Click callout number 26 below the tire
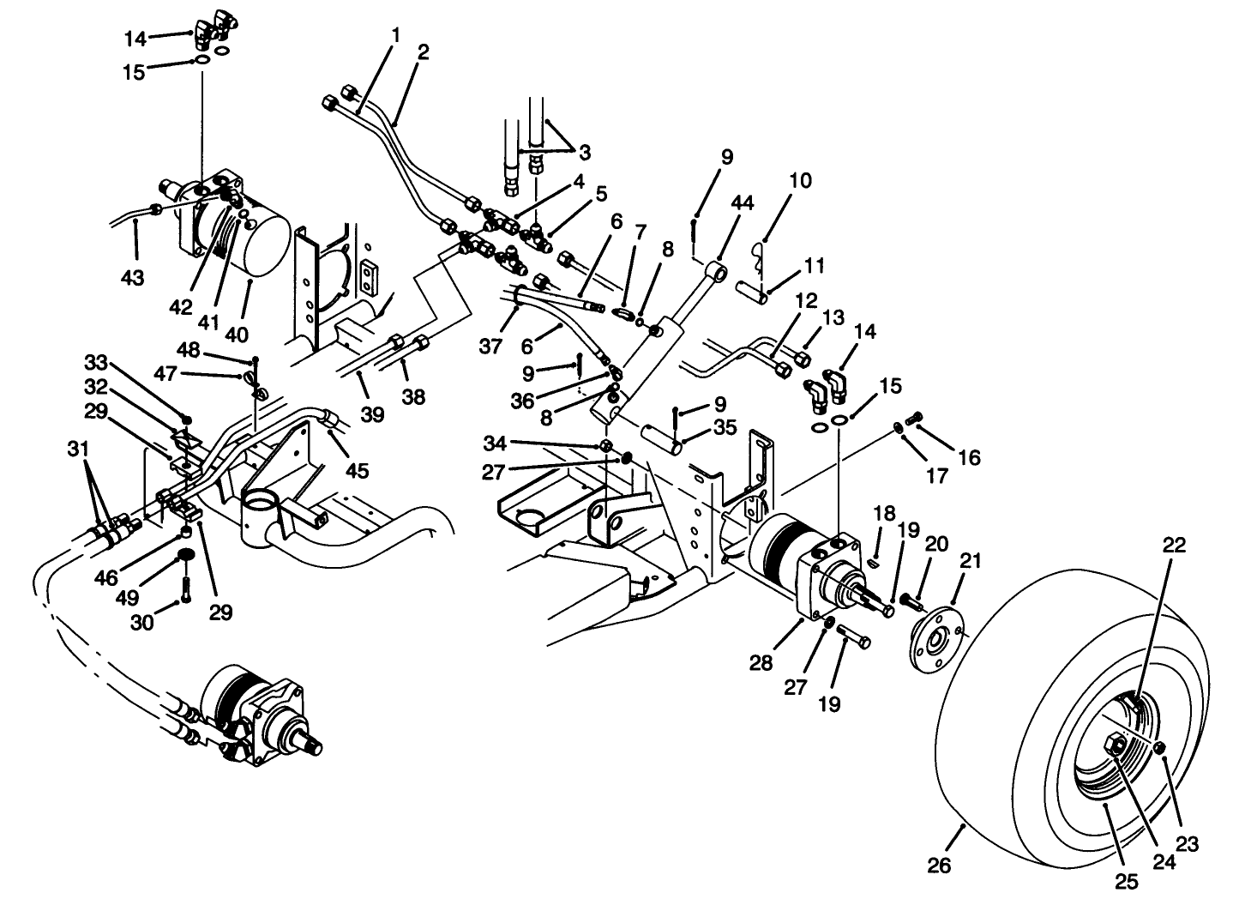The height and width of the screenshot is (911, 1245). pos(940,866)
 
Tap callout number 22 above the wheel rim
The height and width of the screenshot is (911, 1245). pos(1174,546)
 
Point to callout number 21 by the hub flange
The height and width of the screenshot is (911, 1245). pos(971,562)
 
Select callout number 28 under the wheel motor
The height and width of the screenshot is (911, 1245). pos(761,662)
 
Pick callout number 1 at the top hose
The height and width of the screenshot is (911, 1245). pos(396,34)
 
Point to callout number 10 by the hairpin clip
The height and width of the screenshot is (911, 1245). pos(799,182)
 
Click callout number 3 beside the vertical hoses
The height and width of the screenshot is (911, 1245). pos(584,153)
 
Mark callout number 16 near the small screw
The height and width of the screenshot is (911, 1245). pos(969,457)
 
